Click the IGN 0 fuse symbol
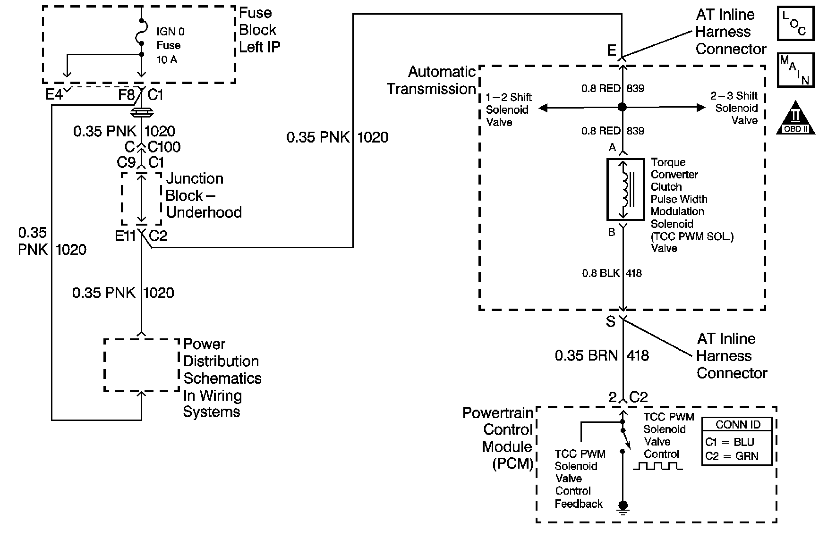(x=141, y=36)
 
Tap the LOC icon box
(x=795, y=23)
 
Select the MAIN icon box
(x=795, y=70)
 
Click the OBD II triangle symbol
(x=796, y=118)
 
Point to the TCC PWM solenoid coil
(x=625, y=189)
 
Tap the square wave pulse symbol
(x=657, y=466)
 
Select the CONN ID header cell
(x=737, y=425)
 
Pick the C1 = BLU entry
(x=729, y=442)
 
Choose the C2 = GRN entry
(x=731, y=457)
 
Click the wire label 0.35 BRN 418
(x=602, y=356)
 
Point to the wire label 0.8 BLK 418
(x=612, y=273)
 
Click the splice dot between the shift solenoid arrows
(x=623, y=108)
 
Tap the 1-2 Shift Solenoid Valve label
(x=508, y=109)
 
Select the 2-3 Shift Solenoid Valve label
(x=736, y=108)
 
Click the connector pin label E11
(x=126, y=236)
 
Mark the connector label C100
(x=164, y=147)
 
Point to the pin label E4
(x=54, y=95)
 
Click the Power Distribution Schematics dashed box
(x=141, y=365)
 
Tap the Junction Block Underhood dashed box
(x=141, y=199)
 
